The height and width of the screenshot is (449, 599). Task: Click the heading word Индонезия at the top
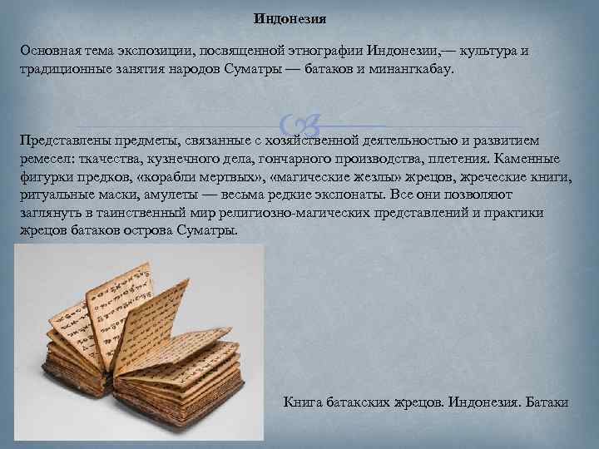tap(290, 17)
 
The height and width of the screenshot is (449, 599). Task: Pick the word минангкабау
tap(410, 69)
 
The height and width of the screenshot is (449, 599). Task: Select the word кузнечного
tap(174, 158)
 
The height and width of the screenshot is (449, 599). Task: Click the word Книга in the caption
tap(303, 402)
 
